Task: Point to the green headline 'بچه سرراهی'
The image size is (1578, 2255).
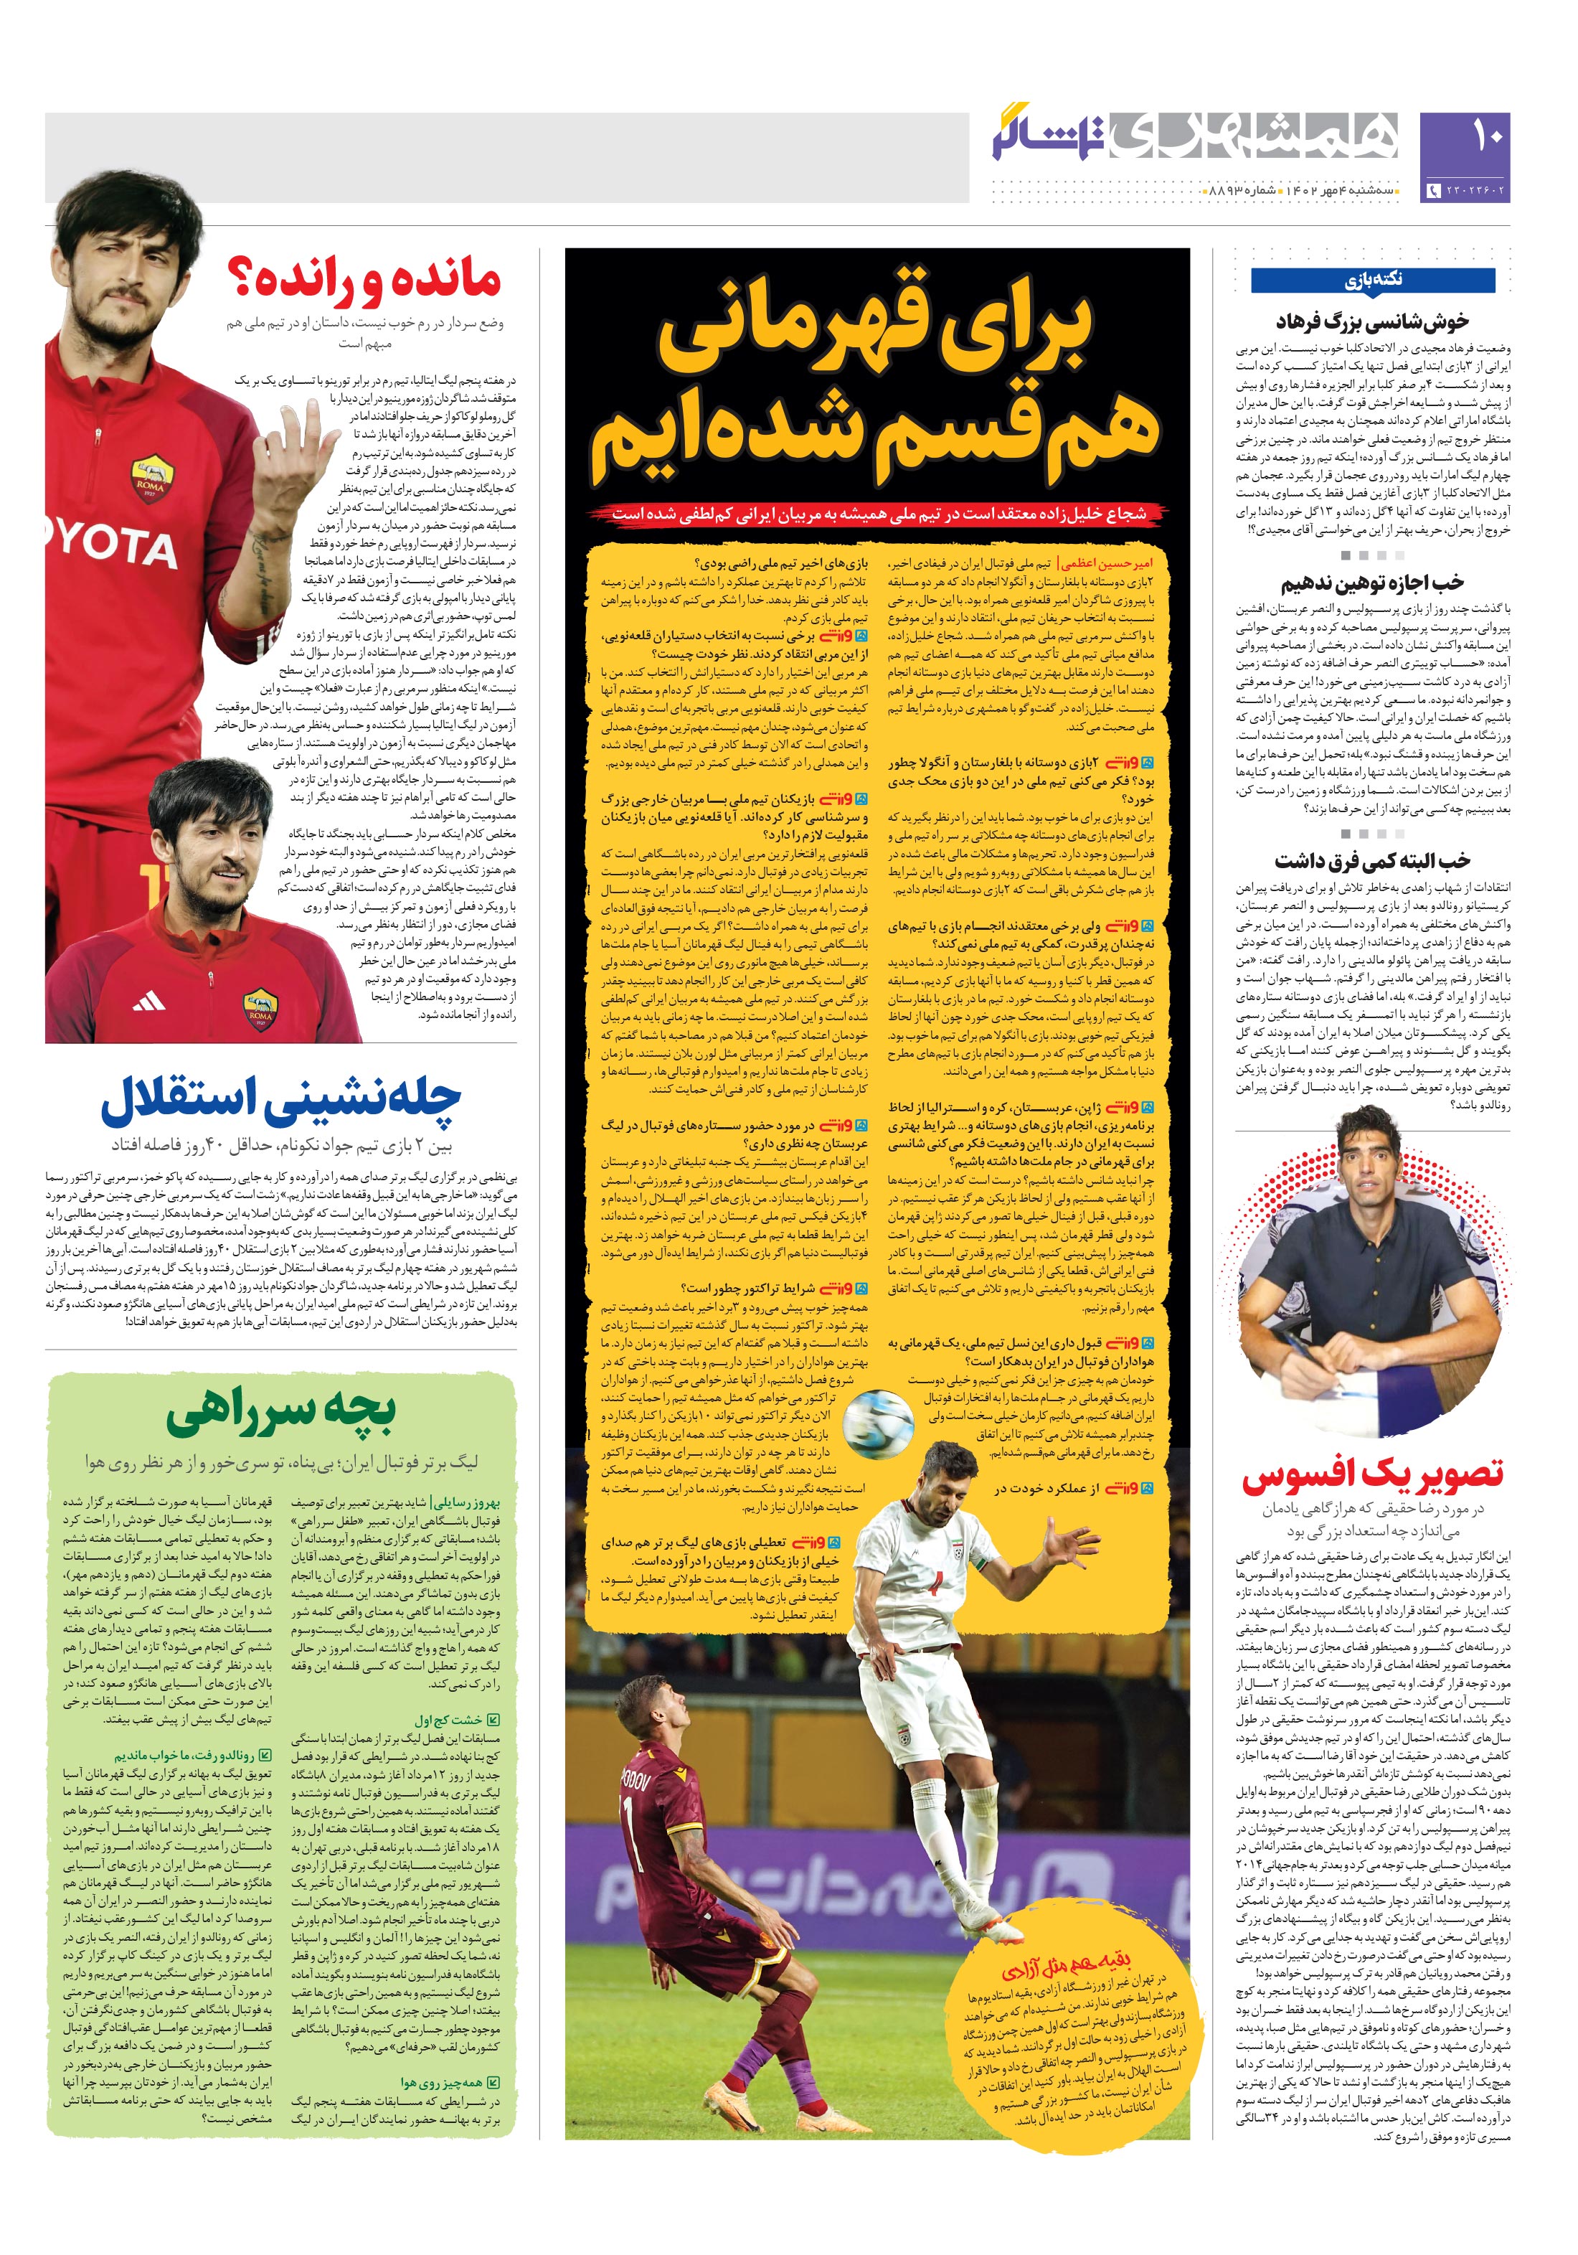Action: (x=282, y=1411)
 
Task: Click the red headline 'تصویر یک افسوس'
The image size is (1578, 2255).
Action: (x=1372, y=1473)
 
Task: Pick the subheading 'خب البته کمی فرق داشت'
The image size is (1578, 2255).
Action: (x=1372, y=862)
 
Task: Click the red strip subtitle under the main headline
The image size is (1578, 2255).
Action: (x=877, y=514)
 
